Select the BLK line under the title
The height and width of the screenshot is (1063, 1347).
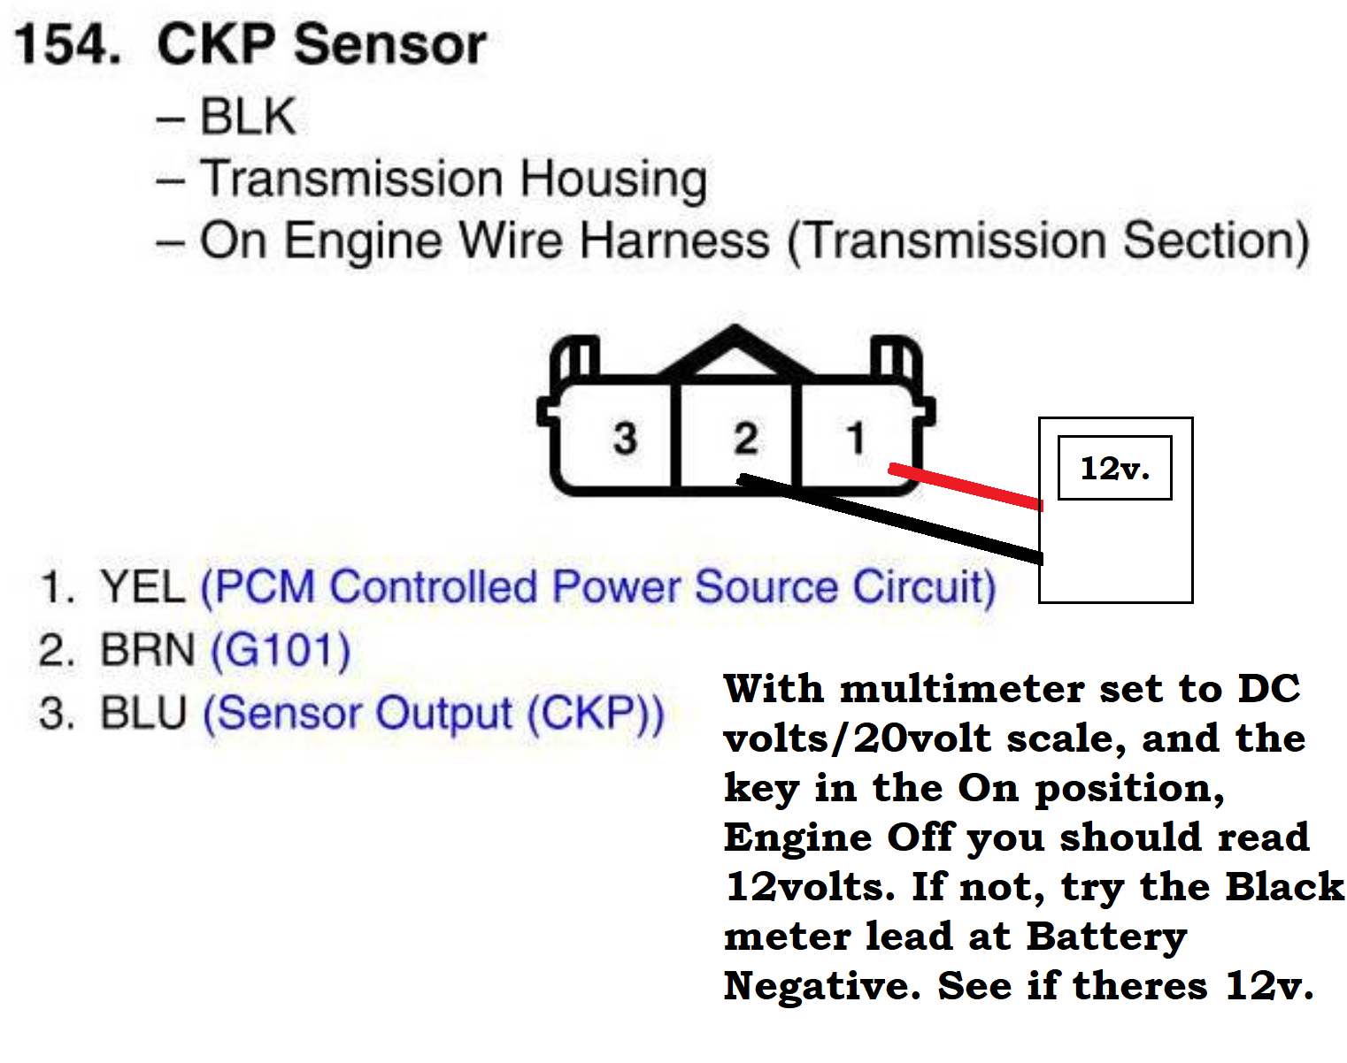point(247,117)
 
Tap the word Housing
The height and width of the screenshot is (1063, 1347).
point(613,180)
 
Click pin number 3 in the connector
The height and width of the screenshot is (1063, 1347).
point(625,438)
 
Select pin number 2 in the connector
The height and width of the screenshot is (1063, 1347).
point(745,438)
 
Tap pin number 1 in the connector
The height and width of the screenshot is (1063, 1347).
point(855,438)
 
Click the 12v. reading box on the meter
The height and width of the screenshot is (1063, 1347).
point(1114,468)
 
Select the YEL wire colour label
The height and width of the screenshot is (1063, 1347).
point(142,587)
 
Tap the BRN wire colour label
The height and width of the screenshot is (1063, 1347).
point(147,650)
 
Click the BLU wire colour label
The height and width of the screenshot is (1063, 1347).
point(143,714)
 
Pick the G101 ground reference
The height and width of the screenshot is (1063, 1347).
point(281,650)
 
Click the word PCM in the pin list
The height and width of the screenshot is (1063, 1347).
point(265,587)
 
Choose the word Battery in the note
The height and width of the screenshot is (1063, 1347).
point(1106,937)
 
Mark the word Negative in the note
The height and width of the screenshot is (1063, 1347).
point(823,986)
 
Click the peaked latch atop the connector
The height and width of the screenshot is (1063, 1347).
point(735,349)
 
